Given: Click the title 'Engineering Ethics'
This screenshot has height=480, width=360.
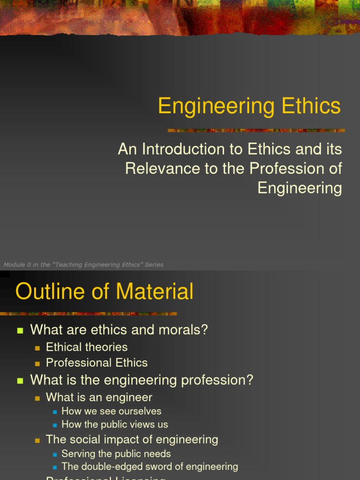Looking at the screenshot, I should point(249,106).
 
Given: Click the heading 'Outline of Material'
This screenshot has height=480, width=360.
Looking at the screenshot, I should point(104,292).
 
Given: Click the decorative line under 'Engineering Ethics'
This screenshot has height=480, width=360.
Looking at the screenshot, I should point(256,130).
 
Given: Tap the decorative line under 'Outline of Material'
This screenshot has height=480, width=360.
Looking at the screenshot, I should point(89,314).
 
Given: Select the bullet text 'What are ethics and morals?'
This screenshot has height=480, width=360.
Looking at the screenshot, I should point(119,330).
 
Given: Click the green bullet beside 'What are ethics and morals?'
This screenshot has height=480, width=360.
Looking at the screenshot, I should point(20,330).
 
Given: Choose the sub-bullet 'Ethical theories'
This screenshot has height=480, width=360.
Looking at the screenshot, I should point(87,347).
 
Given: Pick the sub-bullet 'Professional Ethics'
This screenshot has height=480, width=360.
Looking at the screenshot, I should point(97,363).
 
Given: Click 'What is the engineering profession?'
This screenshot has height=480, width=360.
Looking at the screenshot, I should point(142,380).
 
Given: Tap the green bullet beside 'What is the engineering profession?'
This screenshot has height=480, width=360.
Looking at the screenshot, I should point(20,381).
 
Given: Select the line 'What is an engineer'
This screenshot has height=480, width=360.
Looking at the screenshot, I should point(99,397).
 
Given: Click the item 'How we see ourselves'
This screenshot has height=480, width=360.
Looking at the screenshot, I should point(112,411).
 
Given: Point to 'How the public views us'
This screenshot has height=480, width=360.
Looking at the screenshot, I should point(115,425).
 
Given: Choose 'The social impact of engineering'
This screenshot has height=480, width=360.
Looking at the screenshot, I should point(132,440).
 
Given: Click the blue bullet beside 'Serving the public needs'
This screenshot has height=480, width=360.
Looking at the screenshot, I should point(55,454).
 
